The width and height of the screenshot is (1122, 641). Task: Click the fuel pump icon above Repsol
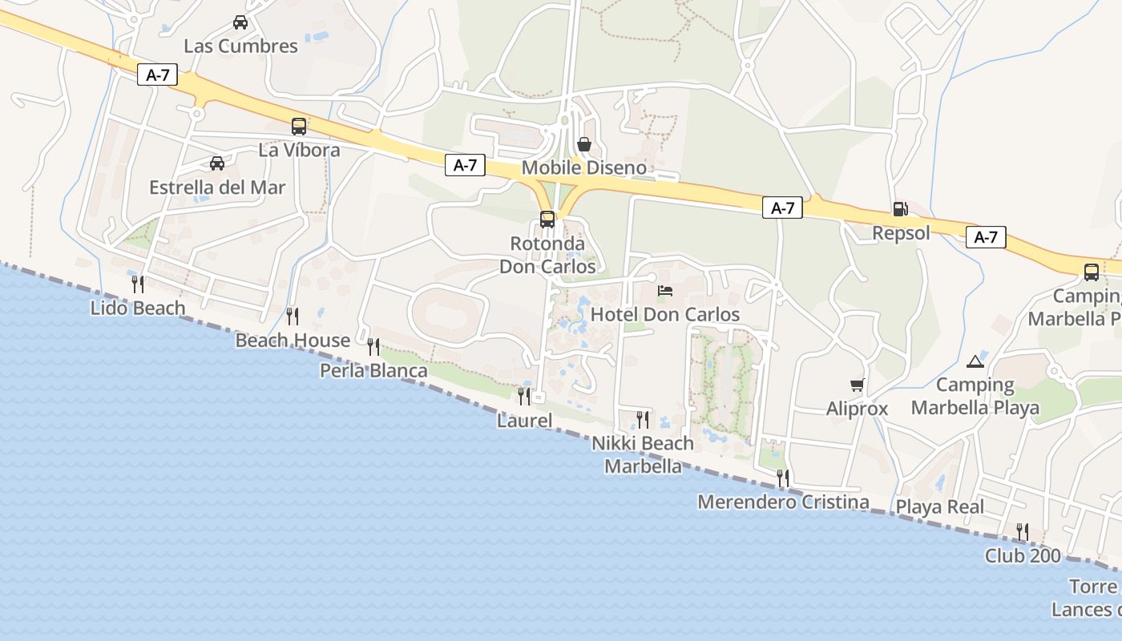click(x=900, y=209)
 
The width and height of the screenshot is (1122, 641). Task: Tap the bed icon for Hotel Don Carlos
click(x=664, y=290)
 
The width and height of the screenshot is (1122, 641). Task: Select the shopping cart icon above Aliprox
click(x=858, y=385)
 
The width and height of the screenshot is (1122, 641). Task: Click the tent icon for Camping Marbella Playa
click(x=975, y=361)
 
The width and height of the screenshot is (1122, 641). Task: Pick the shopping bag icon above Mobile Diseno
click(x=584, y=144)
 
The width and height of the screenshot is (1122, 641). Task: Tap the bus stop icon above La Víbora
click(x=299, y=126)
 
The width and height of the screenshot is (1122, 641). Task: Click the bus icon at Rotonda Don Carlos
click(x=547, y=219)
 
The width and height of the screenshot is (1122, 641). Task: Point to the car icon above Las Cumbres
click(x=240, y=22)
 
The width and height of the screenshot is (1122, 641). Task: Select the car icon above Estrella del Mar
click(x=217, y=163)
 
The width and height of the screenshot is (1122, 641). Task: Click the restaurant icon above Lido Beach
click(x=138, y=284)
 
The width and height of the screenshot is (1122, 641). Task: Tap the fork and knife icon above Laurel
click(x=524, y=396)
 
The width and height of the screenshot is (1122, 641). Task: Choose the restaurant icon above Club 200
click(x=1022, y=531)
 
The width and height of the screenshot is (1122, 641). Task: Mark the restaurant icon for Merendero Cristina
click(x=783, y=478)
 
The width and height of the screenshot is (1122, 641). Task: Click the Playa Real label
click(x=940, y=507)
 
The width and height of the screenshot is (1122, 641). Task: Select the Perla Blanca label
click(x=373, y=371)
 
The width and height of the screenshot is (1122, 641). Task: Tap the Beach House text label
click(x=293, y=341)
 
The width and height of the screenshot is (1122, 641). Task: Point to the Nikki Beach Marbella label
click(x=643, y=454)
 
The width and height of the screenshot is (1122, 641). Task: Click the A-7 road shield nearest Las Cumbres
click(x=157, y=75)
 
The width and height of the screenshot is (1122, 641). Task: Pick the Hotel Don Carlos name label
click(x=665, y=314)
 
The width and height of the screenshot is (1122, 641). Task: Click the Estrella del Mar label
click(x=217, y=187)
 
